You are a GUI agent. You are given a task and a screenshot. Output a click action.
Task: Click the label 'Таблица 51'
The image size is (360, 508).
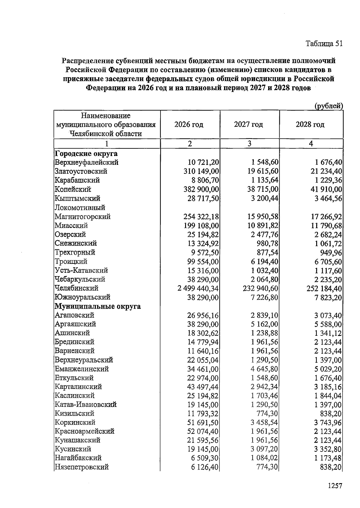pyautogui.click(x=324, y=44)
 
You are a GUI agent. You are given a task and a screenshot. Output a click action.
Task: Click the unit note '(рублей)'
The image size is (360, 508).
pyautogui.click(x=328, y=106)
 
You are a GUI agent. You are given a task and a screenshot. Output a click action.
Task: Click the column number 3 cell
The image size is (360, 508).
pyautogui.click(x=249, y=144)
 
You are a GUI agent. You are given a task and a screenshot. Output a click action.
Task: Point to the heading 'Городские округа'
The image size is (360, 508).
pyautogui.click(x=86, y=154)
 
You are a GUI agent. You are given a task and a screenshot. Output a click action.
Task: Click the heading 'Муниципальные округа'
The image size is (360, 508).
pyautogui.click(x=97, y=307)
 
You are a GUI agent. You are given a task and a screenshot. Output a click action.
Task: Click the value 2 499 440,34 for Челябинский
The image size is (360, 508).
pyautogui.click(x=198, y=289)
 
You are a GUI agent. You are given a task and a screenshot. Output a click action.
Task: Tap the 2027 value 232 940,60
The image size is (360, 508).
pyautogui.click(x=260, y=289)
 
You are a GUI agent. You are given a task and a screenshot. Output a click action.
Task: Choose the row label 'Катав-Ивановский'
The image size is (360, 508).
pyautogui.click(x=85, y=405)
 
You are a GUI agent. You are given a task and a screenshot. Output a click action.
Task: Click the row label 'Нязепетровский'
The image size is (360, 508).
pyautogui.click(x=82, y=467)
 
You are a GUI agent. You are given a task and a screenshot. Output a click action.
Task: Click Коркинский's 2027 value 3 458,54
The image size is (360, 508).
pyautogui.click(x=264, y=423)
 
